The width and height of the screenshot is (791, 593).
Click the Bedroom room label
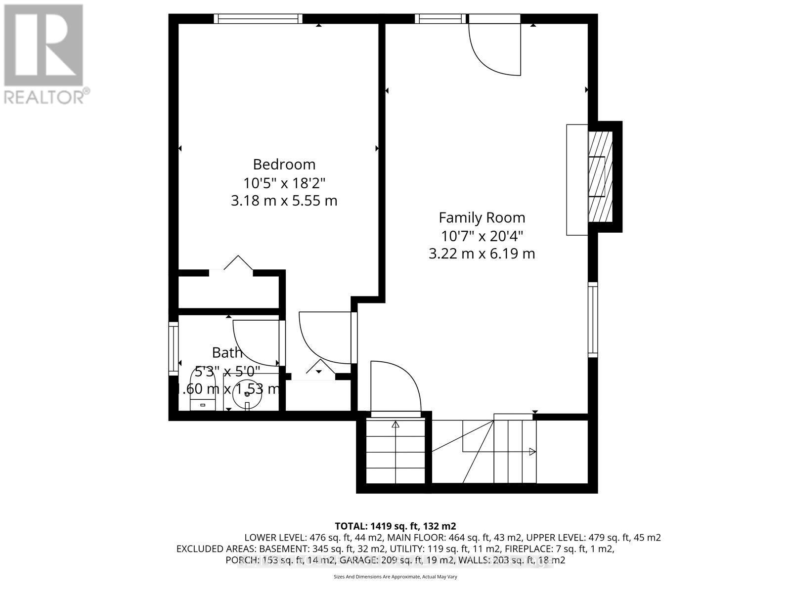pos(284,164)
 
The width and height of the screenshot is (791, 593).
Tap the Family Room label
pos(482,217)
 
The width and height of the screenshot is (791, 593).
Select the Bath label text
pos(227,352)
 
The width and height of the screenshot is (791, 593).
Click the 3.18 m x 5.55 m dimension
pos(284,201)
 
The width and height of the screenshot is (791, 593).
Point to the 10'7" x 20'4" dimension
pos(482,235)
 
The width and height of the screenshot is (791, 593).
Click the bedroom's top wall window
pos(258,19)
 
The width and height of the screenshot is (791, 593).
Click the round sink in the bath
pos(247,394)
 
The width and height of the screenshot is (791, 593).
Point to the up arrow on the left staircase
pos(395,424)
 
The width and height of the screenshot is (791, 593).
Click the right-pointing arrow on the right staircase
pos(532,451)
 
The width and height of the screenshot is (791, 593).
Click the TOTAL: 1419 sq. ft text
pos(395,525)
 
